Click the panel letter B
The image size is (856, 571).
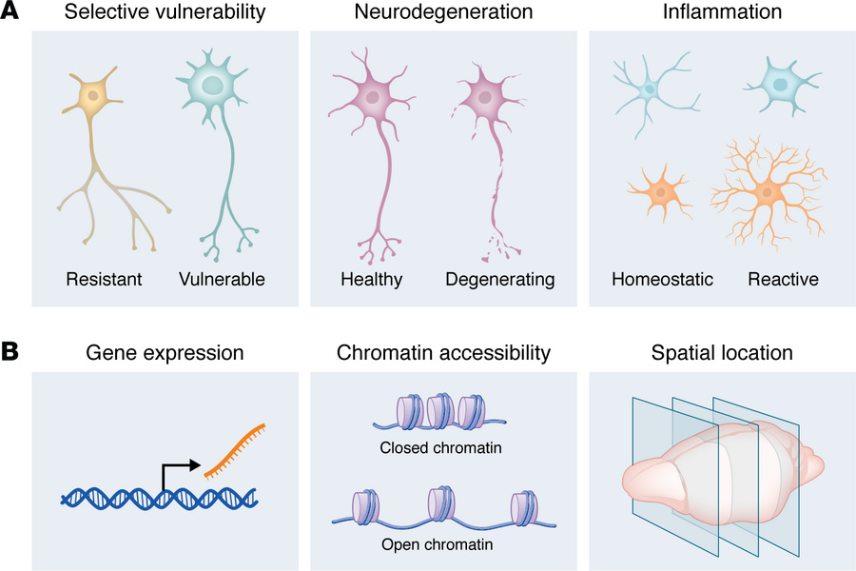pyautogui.click(x=12, y=352)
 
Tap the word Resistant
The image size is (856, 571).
pyautogui.click(x=104, y=280)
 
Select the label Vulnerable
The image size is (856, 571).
pyautogui.click(x=221, y=280)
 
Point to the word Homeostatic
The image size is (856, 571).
pyautogui.click(x=662, y=280)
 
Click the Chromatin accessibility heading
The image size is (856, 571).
pyautogui.click(x=443, y=353)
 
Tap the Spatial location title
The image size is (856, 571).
pyautogui.click(x=723, y=353)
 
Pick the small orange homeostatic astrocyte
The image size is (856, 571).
pyautogui.click(x=658, y=189)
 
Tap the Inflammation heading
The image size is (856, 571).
pyautogui.click(x=723, y=13)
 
